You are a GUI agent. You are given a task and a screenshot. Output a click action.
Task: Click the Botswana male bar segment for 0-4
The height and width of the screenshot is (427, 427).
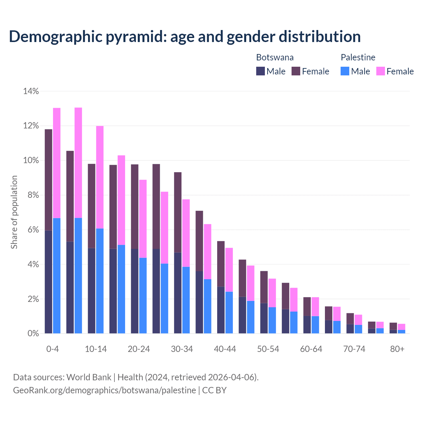click(x=48, y=282)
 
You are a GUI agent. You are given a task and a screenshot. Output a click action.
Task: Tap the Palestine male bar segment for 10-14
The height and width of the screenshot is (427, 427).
click(x=100, y=281)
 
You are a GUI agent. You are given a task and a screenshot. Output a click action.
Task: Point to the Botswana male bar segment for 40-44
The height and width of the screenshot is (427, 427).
click(x=221, y=310)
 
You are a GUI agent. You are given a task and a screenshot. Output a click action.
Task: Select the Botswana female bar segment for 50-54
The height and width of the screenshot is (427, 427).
click(x=264, y=287)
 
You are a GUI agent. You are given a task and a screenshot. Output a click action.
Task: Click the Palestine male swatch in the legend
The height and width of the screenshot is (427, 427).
click(x=345, y=71)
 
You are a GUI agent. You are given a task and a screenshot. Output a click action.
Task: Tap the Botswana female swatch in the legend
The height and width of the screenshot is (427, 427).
click(x=296, y=71)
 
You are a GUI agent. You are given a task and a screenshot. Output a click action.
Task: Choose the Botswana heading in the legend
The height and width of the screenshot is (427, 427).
click(x=275, y=57)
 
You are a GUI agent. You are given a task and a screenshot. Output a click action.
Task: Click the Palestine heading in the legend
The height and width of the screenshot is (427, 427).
click(x=358, y=57)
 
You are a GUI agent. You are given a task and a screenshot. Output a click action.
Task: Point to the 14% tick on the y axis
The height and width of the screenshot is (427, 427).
click(x=31, y=91)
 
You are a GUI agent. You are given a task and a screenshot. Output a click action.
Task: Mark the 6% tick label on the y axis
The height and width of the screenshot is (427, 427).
click(x=33, y=230)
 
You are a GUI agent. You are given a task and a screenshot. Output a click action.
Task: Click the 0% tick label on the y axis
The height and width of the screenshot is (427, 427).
click(x=33, y=334)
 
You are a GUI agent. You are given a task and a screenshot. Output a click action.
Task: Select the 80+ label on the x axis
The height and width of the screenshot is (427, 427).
click(x=397, y=349)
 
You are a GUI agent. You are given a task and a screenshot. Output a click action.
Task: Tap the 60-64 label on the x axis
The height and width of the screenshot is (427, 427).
click(x=311, y=349)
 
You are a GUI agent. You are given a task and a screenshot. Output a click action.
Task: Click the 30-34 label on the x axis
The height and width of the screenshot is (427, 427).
click(x=182, y=349)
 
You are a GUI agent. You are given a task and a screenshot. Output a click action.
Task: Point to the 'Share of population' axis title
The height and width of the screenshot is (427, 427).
click(x=14, y=212)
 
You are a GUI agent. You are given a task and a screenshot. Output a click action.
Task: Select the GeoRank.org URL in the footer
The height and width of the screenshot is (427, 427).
click(x=104, y=390)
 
